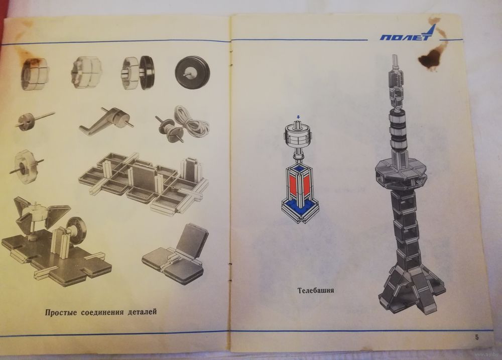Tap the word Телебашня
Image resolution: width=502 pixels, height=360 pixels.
pyautogui.click(x=316, y=290)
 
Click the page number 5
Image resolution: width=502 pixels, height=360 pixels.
pyautogui.click(x=477, y=337)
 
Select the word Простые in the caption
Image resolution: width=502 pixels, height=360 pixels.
pyautogui.click(x=61, y=312)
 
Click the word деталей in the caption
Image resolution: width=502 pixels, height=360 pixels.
pyautogui.click(x=142, y=311)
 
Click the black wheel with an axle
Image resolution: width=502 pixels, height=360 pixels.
pyautogui.click(x=191, y=72)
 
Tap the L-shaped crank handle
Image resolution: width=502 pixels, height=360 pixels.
pyautogui.click(x=105, y=121)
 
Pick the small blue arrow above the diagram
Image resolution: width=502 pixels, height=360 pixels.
pyautogui.click(x=298, y=116)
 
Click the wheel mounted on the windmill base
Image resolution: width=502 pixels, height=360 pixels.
pyautogui.click(x=76, y=228)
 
